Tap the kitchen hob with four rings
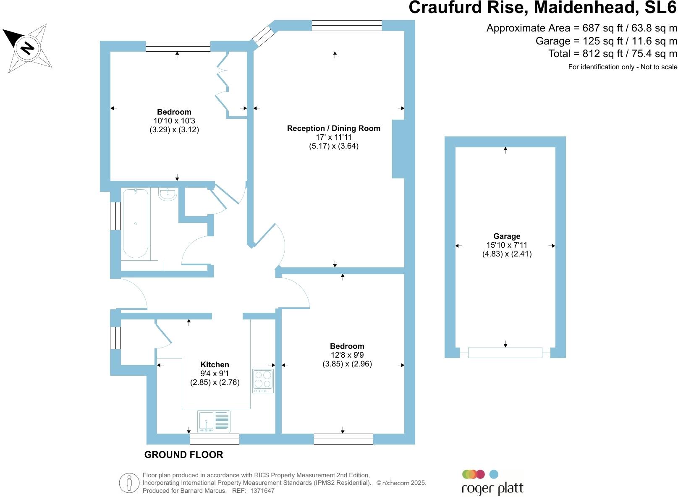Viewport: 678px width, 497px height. pyautogui.click(x=263, y=381)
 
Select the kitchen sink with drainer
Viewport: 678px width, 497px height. pyautogui.click(x=214, y=421)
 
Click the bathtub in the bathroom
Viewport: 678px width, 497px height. pyautogui.click(x=135, y=223)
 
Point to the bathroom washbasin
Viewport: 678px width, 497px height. pyautogui.click(x=168, y=194)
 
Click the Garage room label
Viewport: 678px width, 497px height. pyautogui.click(x=507, y=236)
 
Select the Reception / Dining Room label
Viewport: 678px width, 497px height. pyautogui.click(x=333, y=128)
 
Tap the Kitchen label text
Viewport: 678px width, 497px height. pyautogui.click(x=215, y=365)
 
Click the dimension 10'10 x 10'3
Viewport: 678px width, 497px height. pyautogui.click(x=174, y=121)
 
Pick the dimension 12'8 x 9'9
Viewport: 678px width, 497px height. pyautogui.click(x=347, y=355)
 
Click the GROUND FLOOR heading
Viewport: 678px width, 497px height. pyautogui.click(x=183, y=455)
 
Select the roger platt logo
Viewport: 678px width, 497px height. pyautogui.click(x=492, y=483)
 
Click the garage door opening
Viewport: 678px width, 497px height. pyautogui.click(x=505, y=353)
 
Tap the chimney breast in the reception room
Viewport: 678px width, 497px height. pyautogui.click(x=398, y=149)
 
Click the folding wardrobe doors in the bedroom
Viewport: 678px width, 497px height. pyautogui.click(x=223, y=84)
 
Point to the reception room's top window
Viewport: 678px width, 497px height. pyautogui.click(x=347, y=26)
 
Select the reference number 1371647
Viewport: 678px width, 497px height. pyautogui.click(x=262, y=490)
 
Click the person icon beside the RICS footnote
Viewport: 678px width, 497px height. pyautogui.click(x=129, y=483)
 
